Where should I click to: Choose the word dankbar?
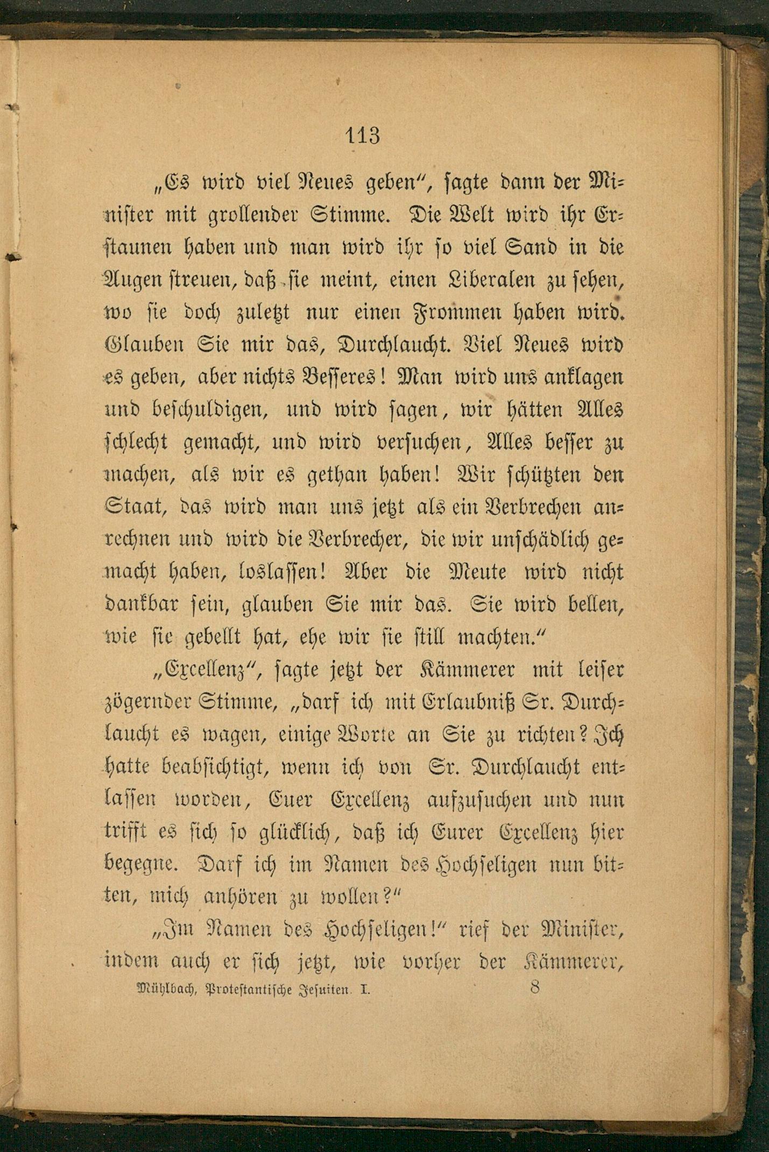[141, 605]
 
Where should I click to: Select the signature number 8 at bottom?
[534, 987]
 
